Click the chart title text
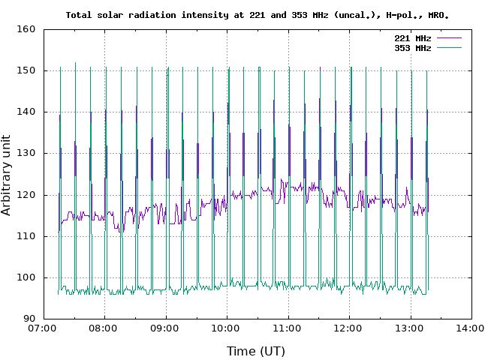tap(262, 14)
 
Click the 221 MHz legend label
tap(412, 37)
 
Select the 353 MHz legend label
tap(412, 47)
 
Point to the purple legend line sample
tap(448, 37)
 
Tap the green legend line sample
tap(448, 47)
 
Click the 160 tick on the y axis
tap(26, 29)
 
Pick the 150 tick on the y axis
tap(26, 70)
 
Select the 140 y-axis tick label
tap(26, 112)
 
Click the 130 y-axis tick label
tap(26, 153)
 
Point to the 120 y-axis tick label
tap(26, 195)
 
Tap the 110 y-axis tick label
tap(26, 236)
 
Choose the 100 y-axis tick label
tap(26, 277)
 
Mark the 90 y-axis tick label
tap(29, 319)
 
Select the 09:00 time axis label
tap(164, 328)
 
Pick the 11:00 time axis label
tap(288, 328)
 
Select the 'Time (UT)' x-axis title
tap(256, 350)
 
